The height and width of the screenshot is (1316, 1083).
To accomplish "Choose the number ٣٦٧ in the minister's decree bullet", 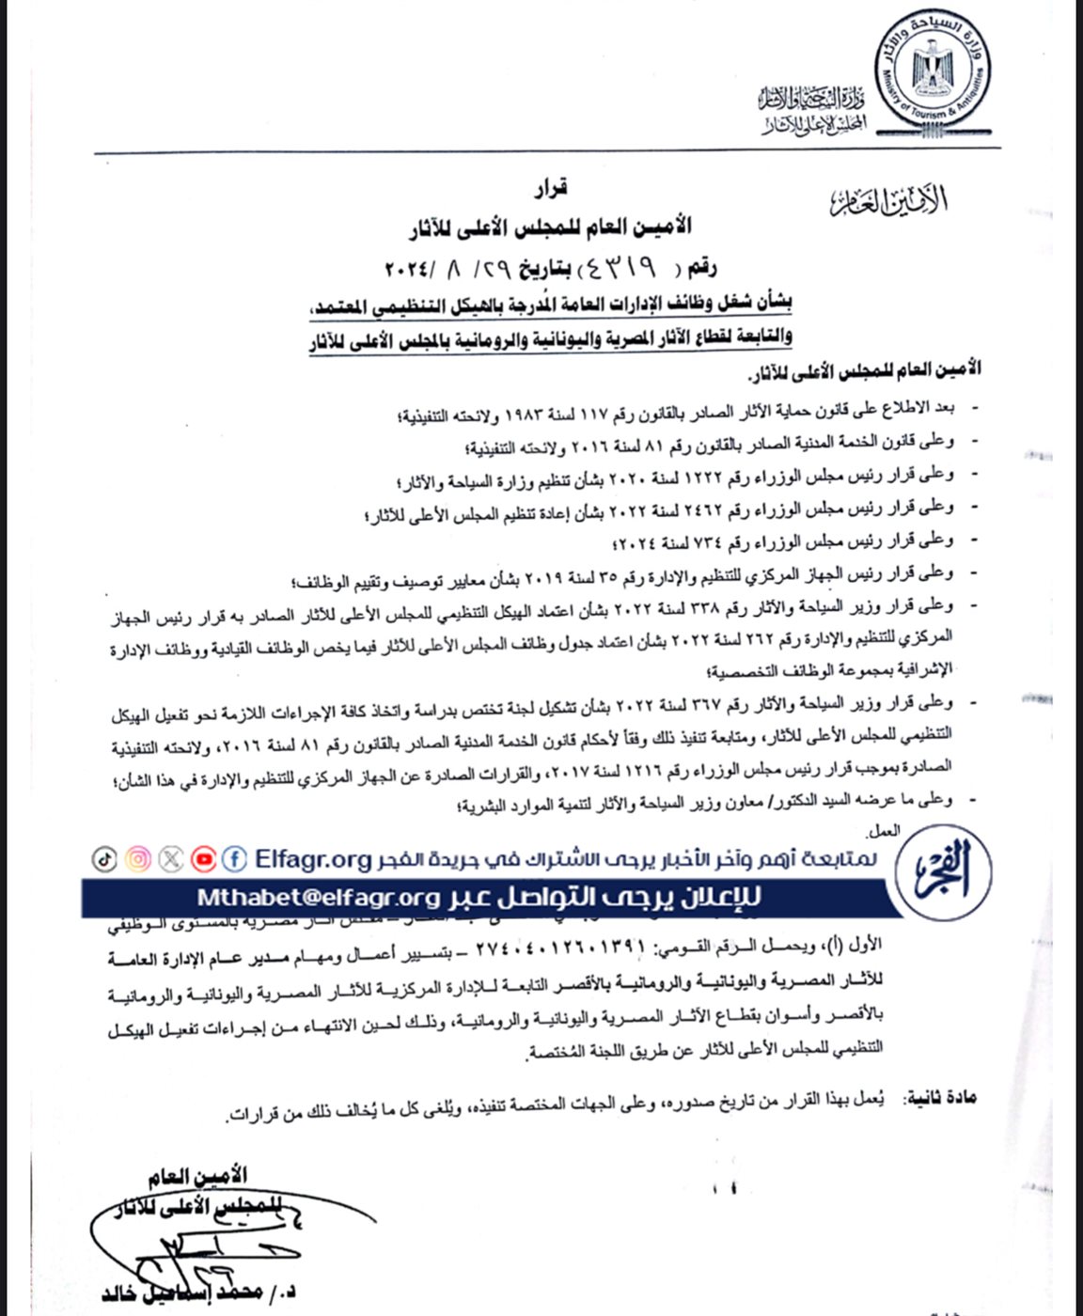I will coord(699,702).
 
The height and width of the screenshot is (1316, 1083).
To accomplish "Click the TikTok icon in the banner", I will coord(104,858).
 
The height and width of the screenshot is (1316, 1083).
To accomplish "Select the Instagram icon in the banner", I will coord(138,858).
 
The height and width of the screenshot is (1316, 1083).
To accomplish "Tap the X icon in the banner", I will coord(171,858).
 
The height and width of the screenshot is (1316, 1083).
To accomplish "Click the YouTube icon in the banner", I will coord(203,858).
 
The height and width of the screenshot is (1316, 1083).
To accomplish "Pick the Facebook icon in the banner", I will coord(235,858).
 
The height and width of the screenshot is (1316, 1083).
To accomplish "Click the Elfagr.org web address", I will coord(313,858).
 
